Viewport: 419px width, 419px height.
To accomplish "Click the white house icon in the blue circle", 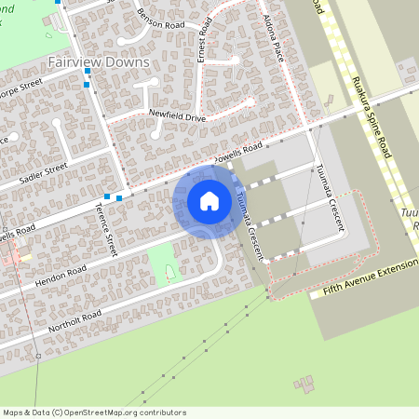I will tap(209, 201).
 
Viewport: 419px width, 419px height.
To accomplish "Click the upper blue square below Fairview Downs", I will tap(88, 71).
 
